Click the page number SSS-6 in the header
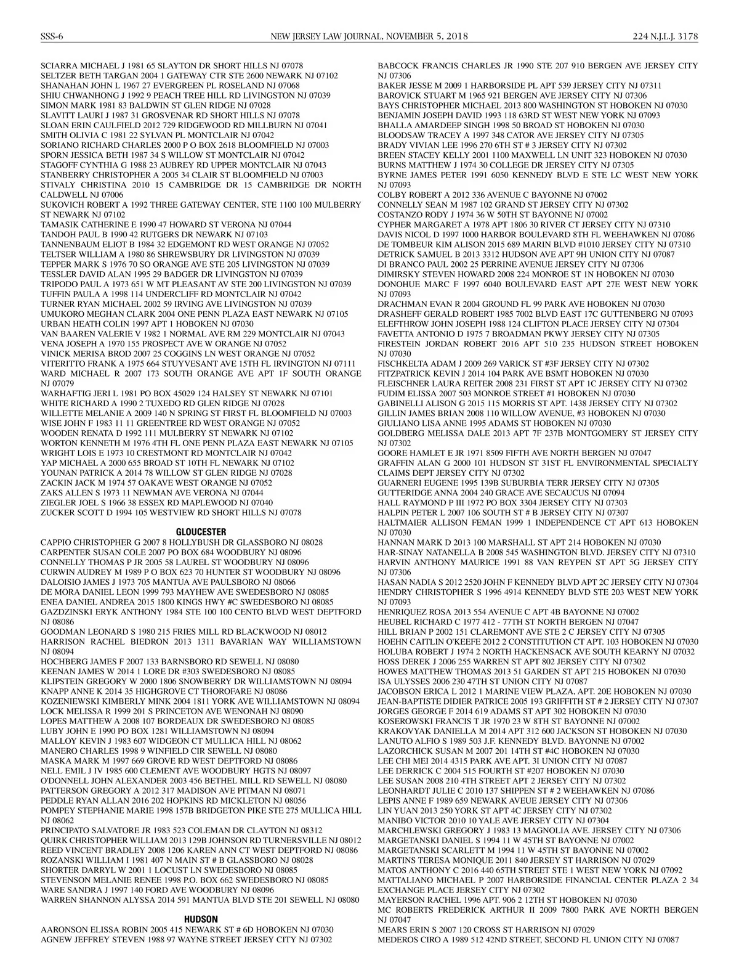pos(52,36)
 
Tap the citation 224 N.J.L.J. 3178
pos(665,36)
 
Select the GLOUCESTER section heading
pos(201,532)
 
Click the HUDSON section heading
pos(201,920)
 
